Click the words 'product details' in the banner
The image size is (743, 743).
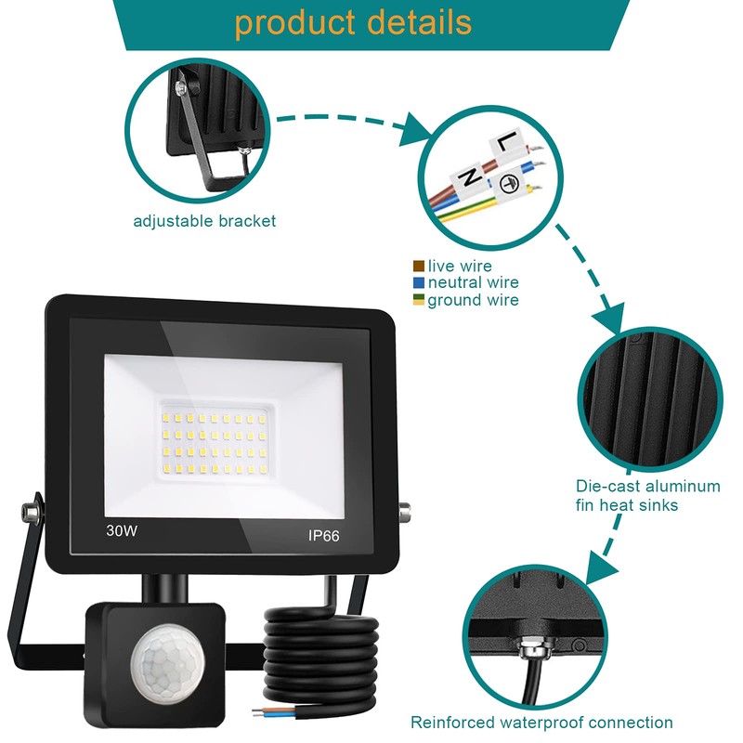coord(353,22)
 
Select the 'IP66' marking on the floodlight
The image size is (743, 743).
coord(325,536)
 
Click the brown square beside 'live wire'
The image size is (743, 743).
coord(419,267)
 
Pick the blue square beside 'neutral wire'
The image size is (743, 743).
coord(419,282)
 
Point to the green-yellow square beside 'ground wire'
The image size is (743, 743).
coord(419,300)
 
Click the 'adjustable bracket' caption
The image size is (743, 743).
coord(204,221)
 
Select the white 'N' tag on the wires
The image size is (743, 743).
coord(470,175)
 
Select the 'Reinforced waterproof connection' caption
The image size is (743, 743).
coord(542,723)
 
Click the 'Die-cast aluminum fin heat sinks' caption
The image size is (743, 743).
coord(646,496)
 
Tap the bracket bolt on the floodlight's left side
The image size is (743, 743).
coord(28,510)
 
